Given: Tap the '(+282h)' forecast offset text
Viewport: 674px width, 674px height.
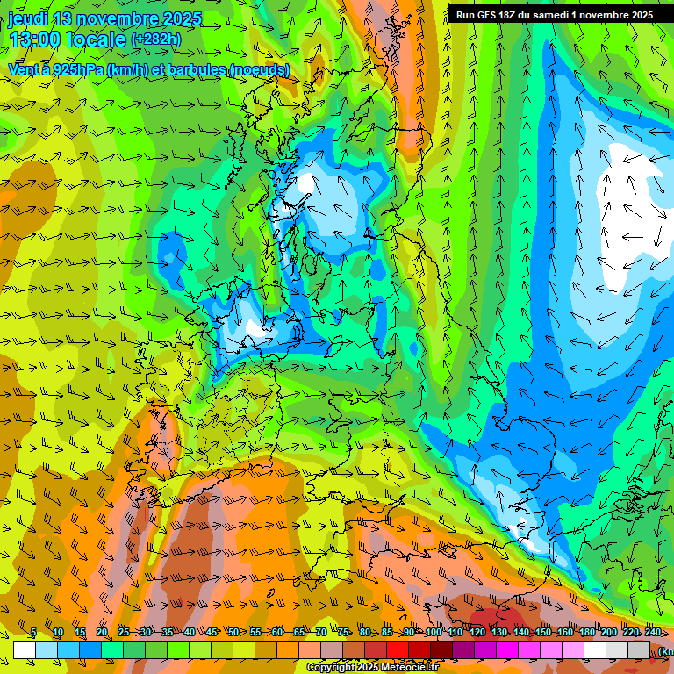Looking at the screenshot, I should [x=157, y=39].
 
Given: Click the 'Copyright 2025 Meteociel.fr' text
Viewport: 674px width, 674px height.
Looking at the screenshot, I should [x=372, y=668].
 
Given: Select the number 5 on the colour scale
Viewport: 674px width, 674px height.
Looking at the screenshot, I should [x=33, y=633].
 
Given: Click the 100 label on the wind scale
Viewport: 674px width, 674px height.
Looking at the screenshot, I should [x=434, y=633].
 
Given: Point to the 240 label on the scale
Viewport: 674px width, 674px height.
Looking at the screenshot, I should [x=653, y=633].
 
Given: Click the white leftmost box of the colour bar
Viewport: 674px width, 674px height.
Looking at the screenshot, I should [x=25, y=649].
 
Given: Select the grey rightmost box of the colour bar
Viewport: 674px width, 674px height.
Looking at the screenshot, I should [x=640, y=649].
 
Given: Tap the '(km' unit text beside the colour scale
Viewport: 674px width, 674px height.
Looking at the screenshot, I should [x=666, y=651].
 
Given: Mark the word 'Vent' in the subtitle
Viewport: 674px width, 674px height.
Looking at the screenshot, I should [x=23, y=69].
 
